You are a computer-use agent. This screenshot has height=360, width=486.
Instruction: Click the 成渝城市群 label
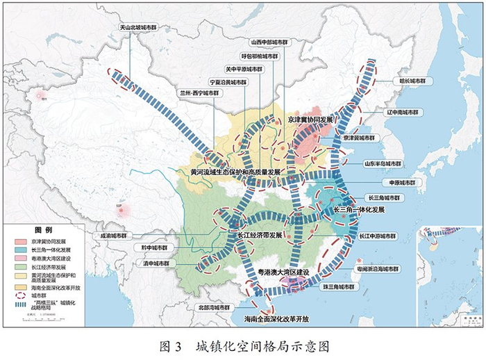point(112,236)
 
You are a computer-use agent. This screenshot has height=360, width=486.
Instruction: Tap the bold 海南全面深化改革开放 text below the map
point(276,318)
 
